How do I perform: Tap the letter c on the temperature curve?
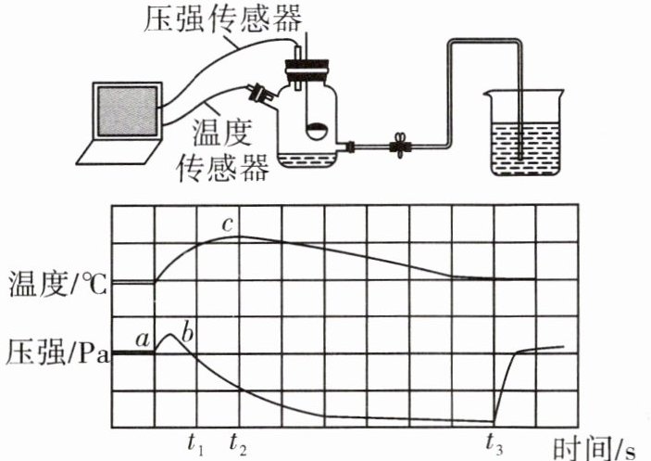tap(226, 224)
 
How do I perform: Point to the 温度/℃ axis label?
tap(56, 281)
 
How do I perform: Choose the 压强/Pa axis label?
tap(56, 353)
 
